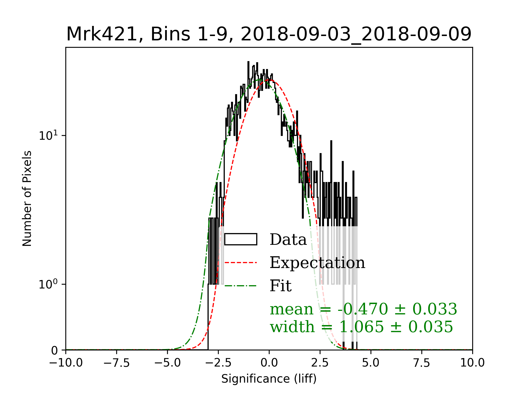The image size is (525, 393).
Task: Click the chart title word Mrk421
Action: coord(101,34)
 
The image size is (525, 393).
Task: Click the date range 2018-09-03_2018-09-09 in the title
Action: coord(356,34)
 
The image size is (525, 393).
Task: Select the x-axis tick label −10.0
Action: coord(66,363)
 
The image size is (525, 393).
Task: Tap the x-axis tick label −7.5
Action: coord(116,363)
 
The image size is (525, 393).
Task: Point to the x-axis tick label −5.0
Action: coord(167,363)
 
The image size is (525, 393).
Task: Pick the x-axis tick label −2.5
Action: coord(218,363)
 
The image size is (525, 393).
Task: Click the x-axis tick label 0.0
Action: coord(269,363)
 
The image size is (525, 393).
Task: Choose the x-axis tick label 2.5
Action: coord(320,363)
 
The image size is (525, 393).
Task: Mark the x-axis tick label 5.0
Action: coord(371,363)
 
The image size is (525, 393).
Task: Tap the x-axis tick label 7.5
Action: coord(422,363)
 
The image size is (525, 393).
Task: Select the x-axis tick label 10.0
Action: coord(472,363)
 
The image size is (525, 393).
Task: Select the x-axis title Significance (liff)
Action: coord(269,379)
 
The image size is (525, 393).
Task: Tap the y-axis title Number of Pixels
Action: coord(27,198)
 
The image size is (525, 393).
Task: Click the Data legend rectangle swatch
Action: coord(241,239)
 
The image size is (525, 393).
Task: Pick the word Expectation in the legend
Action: coord(317,263)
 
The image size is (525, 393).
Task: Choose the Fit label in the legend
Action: coord(281,286)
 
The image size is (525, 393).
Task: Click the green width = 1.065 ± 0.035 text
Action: coord(361,327)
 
